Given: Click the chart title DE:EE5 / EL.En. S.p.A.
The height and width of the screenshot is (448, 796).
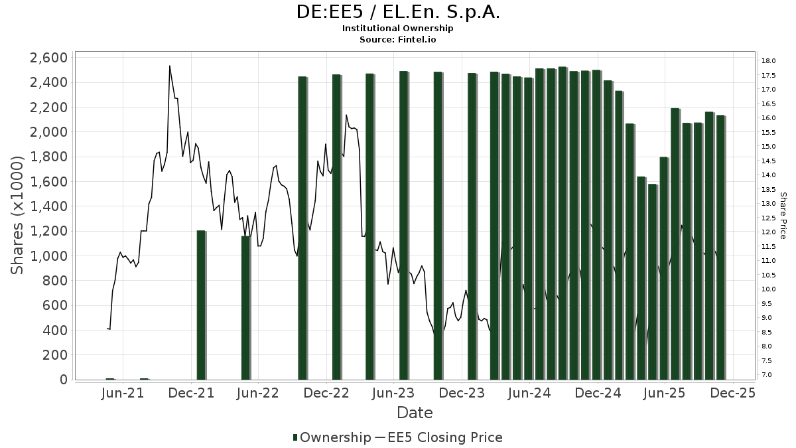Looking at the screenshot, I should [398, 12].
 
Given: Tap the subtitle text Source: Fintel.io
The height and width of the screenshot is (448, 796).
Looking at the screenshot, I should [398, 39].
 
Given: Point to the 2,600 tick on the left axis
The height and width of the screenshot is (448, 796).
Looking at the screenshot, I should [49, 58].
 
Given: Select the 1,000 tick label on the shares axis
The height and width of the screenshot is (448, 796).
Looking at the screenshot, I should [49, 256].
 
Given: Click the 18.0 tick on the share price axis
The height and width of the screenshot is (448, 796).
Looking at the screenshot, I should [769, 61].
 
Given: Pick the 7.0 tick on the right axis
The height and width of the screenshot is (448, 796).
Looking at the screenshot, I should [767, 375].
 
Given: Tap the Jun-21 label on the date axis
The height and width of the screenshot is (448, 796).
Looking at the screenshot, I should [123, 394].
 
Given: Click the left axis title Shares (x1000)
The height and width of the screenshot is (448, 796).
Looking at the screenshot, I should [18, 215].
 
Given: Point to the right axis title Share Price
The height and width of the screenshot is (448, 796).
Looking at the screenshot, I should [783, 216].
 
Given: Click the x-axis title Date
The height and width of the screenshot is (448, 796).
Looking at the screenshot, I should [415, 413].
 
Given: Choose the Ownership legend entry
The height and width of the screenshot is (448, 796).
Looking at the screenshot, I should [332, 437].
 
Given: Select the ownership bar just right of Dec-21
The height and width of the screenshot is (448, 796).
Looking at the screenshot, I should [201, 305].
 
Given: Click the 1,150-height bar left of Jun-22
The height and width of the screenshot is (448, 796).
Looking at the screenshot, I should [245, 308].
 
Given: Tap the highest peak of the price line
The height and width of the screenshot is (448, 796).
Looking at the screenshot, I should [169, 66].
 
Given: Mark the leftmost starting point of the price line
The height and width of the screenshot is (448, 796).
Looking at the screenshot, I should [107, 329].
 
